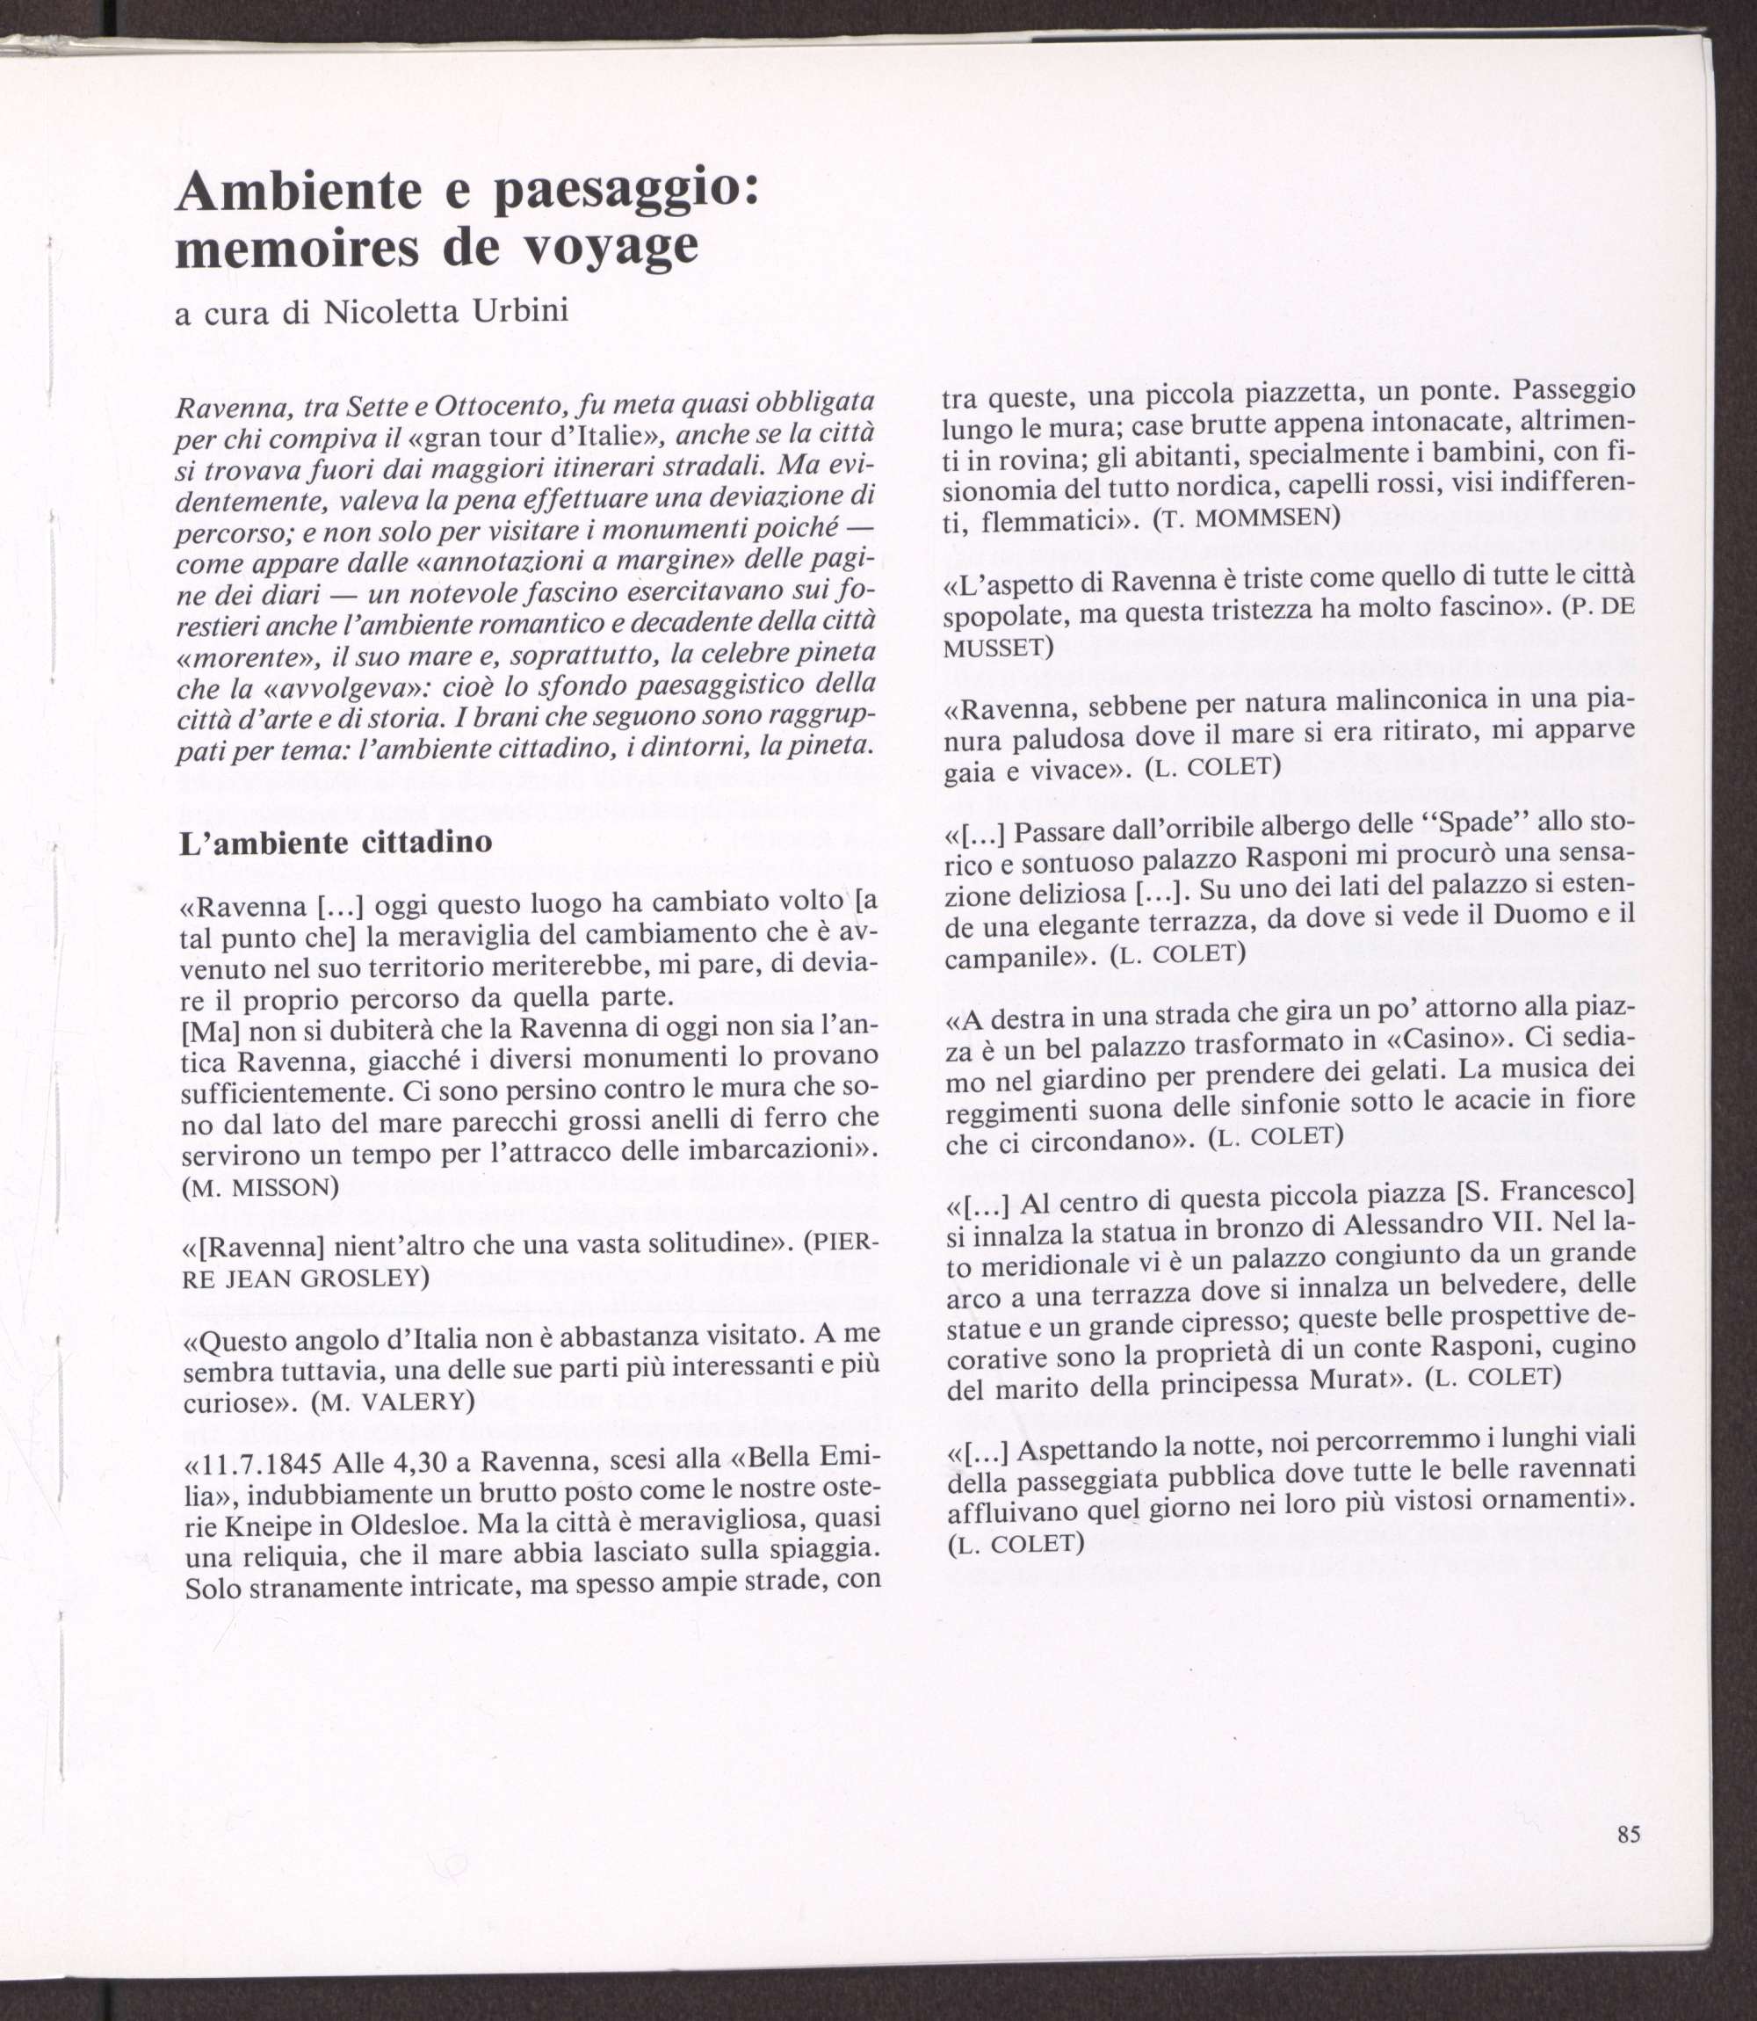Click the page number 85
[1630, 1834]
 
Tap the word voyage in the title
[613, 247]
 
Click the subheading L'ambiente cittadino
[336, 844]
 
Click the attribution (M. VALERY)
[391, 1402]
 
